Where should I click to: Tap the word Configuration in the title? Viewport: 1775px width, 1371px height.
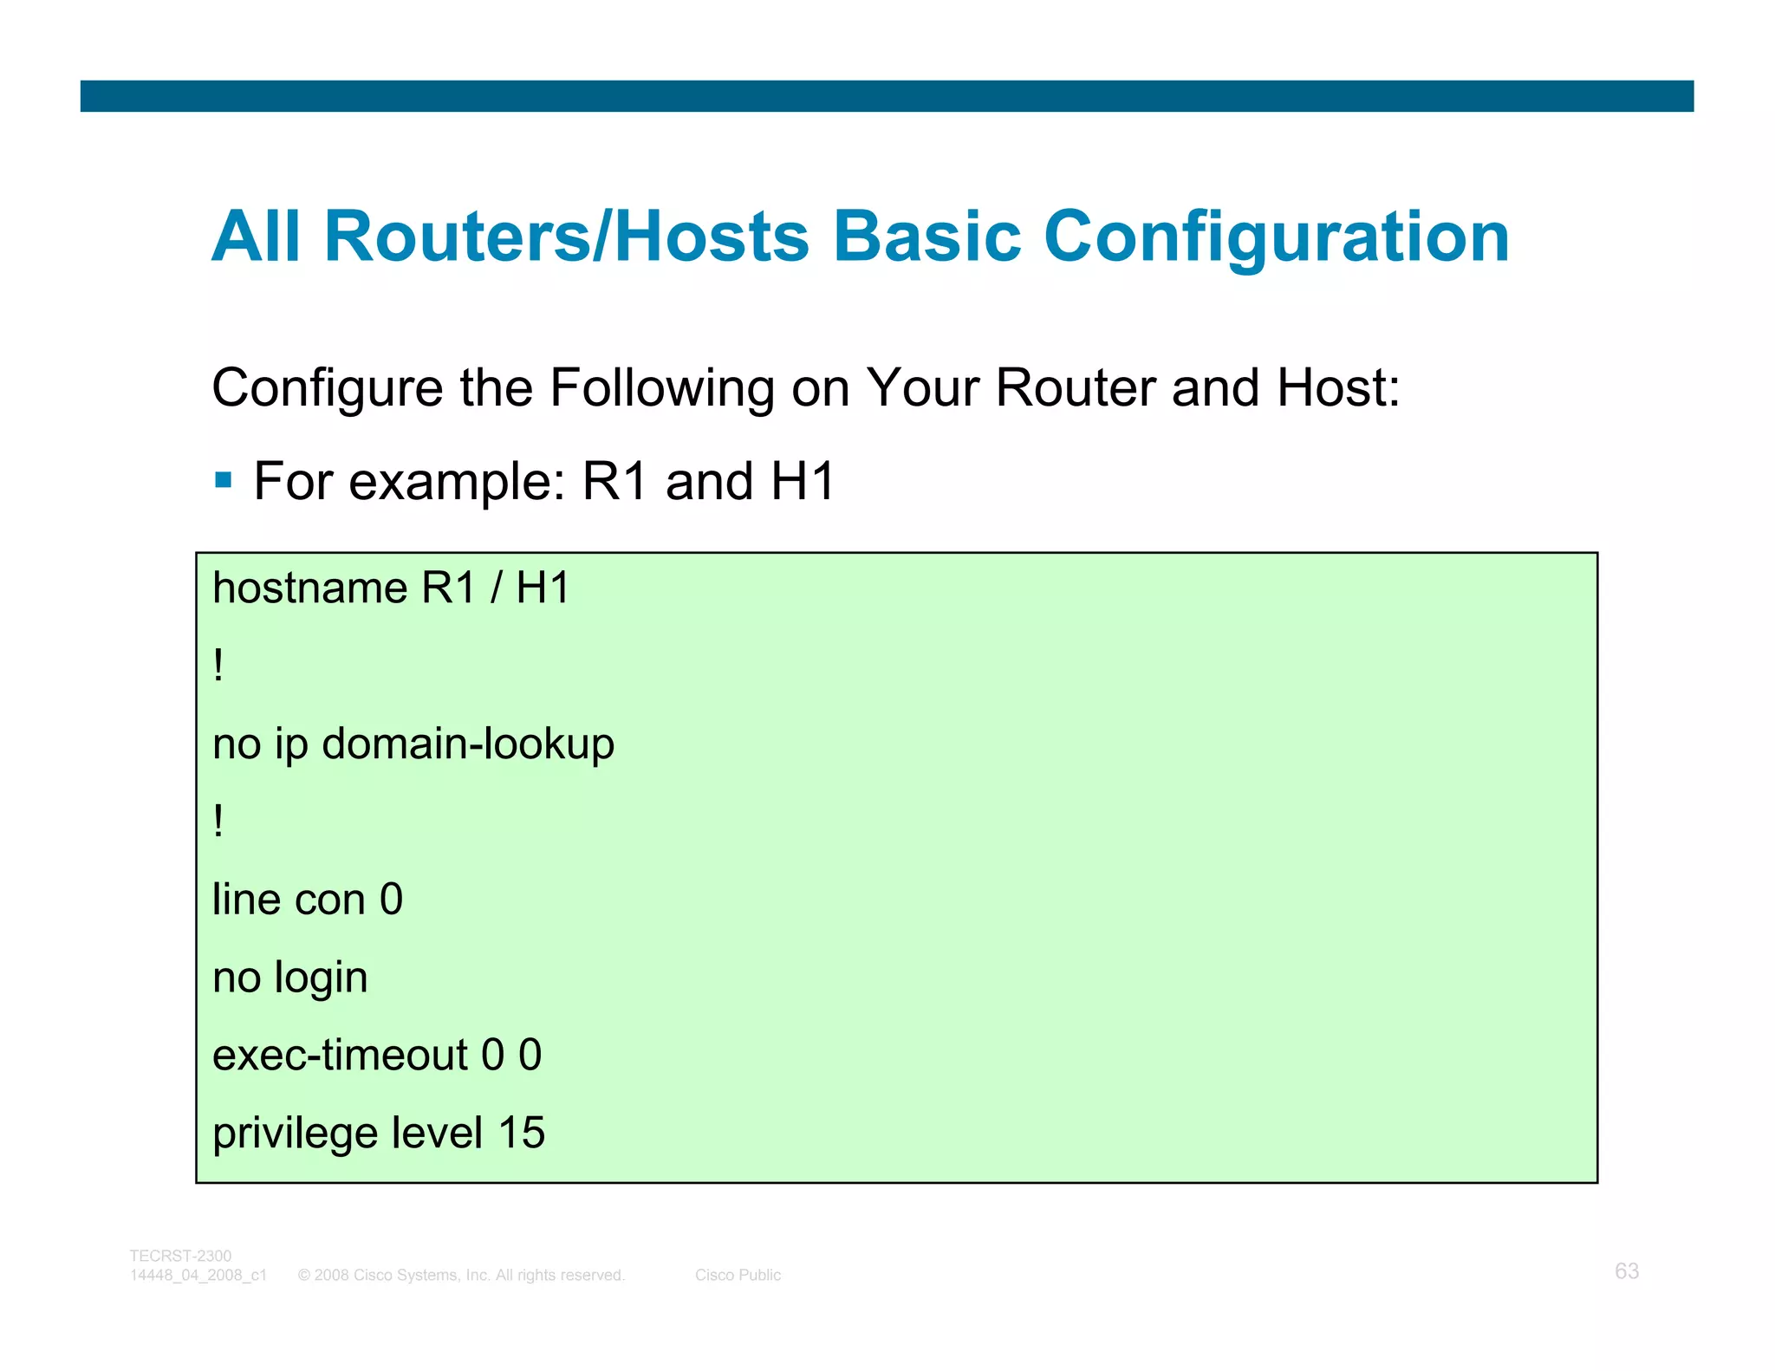[1276, 238]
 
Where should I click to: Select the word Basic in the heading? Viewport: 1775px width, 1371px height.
[926, 237]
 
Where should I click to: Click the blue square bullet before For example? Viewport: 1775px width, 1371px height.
[224, 480]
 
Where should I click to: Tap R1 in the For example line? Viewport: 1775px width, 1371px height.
[614, 482]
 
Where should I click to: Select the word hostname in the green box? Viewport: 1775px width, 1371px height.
[309, 588]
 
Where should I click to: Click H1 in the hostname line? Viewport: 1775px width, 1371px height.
[543, 588]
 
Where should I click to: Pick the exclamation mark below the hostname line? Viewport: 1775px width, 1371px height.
[218, 666]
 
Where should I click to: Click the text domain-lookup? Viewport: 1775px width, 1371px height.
[468, 744]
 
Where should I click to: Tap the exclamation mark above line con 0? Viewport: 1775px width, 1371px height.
[218, 821]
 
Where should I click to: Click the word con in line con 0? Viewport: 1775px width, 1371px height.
[330, 900]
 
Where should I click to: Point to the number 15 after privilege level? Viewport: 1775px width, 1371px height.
[521, 1133]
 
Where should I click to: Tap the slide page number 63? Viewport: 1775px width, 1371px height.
[1626, 1270]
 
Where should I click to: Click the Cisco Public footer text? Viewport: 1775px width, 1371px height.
[738, 1275]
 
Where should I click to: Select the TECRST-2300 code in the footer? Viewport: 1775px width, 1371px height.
[180, 1256]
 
